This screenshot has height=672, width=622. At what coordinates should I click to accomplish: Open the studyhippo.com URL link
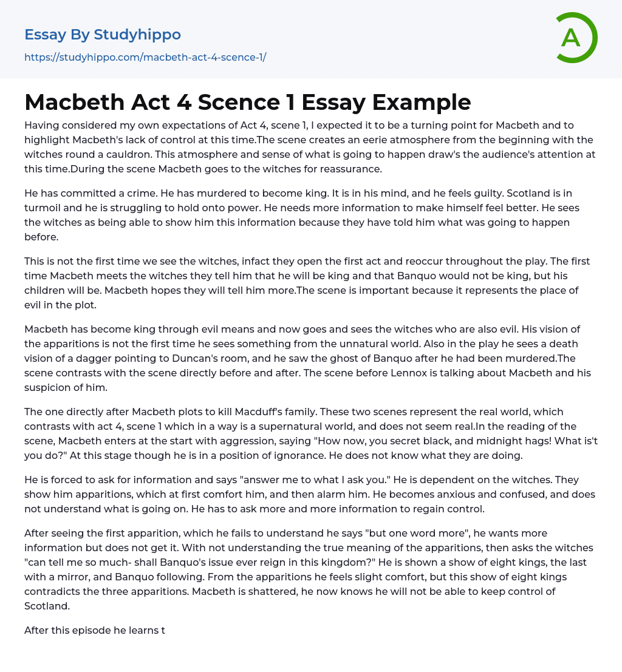[145, 58]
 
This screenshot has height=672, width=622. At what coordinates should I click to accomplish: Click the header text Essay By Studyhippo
[103, 35]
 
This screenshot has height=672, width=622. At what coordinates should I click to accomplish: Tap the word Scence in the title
[245, 102]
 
